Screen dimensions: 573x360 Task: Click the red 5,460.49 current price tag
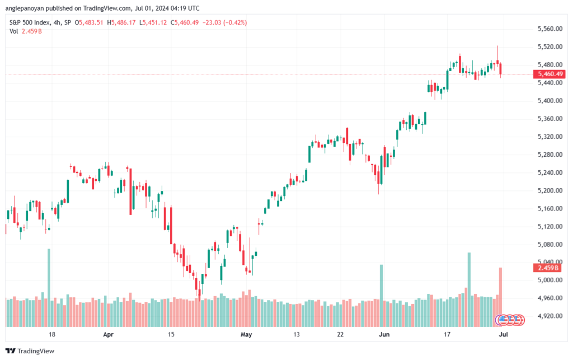(549, 74)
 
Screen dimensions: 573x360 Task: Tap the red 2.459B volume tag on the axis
(547, 268)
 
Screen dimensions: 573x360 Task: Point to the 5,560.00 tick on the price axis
(550, 29)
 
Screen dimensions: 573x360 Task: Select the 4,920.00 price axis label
(550, 316)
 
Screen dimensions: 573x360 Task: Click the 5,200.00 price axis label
(550, 190)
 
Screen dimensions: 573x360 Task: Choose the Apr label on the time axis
(108, 334)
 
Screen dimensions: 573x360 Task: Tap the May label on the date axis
(246, 334)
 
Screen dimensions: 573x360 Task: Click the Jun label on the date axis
(384, 334)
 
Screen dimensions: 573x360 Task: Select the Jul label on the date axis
(504, 334)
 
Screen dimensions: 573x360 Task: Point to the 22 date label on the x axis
(340, 334)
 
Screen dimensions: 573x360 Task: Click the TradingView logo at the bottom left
(30, 351)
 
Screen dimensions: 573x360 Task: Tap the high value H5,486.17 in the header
(121, 22)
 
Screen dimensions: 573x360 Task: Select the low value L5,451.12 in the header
(153, 22)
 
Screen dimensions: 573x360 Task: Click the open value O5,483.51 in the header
(89, 22)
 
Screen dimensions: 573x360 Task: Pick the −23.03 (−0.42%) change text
(224, 22)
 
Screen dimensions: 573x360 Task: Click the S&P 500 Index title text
(30, 22)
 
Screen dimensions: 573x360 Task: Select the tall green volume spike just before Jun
(382, 296)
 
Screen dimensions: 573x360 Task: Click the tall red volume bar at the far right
(501, 297)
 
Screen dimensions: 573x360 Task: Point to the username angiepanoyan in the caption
(25, 8)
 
